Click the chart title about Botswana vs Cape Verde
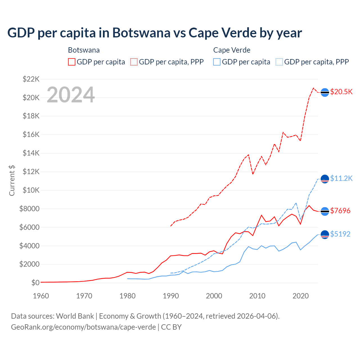(155, 33)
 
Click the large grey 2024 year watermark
(71, 95)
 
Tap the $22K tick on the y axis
(31, 79)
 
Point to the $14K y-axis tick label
(31, 153)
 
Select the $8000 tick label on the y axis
(30, 209)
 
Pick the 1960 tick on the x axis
(41, 296)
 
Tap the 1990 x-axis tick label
(171, 296)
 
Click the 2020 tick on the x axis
(301, 296)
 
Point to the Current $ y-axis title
(12, 181)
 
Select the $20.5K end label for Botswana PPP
(341, 92)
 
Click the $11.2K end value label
(341, 179)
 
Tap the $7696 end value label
(340, 211)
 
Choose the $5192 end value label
(340, 234)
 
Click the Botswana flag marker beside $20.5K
(325, 93)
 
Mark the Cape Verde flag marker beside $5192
(325, 235)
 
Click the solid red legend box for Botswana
(72, 62)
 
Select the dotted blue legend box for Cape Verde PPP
(279, 62)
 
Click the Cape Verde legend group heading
(232, 50)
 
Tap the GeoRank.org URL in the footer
(84, 327)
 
